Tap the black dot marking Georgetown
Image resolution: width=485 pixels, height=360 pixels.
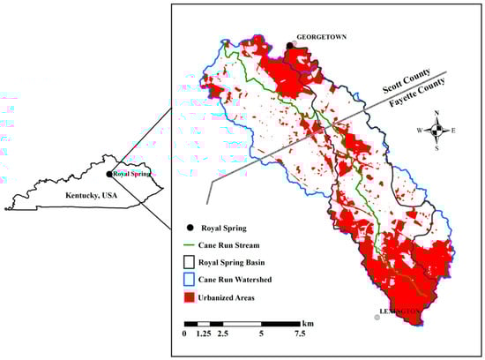289,44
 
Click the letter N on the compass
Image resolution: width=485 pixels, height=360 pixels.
436,114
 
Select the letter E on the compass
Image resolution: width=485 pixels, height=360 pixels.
453,131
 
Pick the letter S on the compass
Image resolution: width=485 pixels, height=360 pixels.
436,148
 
